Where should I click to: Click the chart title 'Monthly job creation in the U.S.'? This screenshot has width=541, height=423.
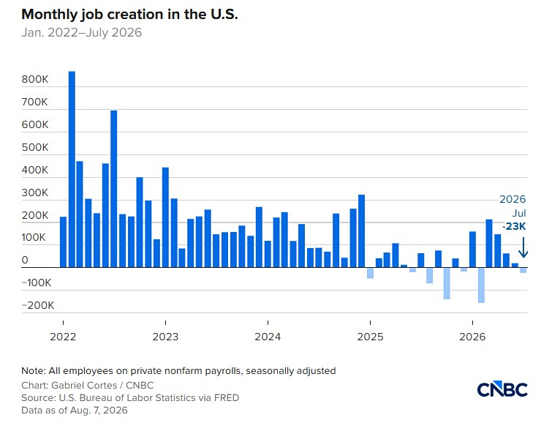pos(129,15)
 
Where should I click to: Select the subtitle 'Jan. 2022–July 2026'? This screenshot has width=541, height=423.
pos(81,32)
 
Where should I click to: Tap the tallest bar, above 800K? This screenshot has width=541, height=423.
pos(72,169)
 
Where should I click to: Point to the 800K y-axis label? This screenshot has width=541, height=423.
pos(35,79)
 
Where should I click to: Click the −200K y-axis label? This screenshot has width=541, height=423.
pos(37,305)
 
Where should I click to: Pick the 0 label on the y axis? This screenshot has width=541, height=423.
pos(25,260)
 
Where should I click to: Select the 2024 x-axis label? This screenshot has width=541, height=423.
pos(268,337)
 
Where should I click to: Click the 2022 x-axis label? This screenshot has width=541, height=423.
pos(63,337)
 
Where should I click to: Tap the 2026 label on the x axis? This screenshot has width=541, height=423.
pos(472,337)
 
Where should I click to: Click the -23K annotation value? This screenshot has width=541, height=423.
pos(514,226)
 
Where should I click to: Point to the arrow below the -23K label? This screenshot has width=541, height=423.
pos(523,247)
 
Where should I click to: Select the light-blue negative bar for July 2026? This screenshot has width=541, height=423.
pos(523,270)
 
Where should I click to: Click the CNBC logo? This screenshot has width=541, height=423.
pos(502,389)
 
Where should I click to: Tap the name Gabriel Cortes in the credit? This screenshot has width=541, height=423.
pos(84,385)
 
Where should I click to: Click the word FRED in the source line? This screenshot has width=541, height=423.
pos(227,397)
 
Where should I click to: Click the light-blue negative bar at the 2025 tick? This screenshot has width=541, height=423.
pos(370,273)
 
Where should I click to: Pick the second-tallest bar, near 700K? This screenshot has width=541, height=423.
pos(114,189)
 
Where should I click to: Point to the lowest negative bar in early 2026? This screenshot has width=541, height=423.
pos(481,285)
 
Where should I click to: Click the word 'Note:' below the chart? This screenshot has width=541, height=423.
pos(34,371)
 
